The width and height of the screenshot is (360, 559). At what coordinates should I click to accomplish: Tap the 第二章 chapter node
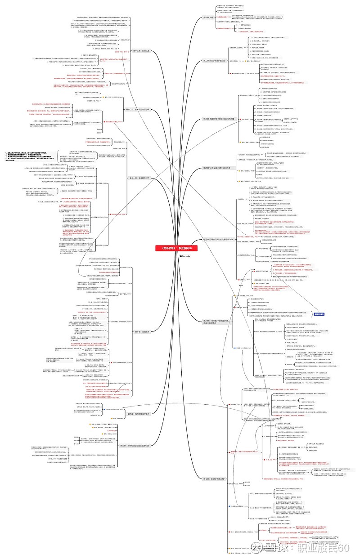pos(213,60)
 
